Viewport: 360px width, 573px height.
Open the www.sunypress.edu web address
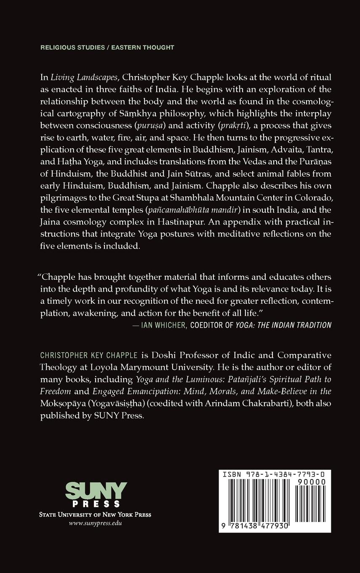pos(96,523)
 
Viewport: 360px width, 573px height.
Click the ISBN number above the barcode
pos(274,474)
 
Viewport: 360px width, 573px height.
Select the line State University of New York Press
pos(95,514)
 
